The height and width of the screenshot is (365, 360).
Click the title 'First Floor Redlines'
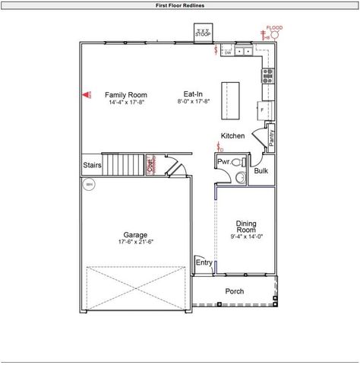point(179,5)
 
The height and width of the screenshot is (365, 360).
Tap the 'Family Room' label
point(125,94)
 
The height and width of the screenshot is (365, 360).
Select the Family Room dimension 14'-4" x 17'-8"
point(125,102)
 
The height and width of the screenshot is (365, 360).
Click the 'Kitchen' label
point(232,136)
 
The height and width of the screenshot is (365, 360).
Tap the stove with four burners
point(267,75)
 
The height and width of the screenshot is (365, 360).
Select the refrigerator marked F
point(264,109)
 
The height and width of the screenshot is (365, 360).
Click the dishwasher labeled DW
point(228,52)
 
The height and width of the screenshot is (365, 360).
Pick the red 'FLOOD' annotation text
point(274,27)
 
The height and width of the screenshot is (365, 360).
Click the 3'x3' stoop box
point(203,33)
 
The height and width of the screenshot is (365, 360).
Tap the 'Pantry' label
point(271,138)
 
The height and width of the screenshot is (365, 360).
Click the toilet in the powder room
point(238,162)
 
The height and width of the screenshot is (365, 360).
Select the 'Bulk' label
point(261,171)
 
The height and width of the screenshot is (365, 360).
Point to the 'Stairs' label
point(93,164)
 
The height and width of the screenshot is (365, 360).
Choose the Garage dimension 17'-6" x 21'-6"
point(136,243)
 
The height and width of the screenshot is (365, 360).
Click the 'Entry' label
point(204,262)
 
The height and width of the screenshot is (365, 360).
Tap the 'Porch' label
point(235,291)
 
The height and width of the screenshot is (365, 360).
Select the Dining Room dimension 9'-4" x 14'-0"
point(245,237)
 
